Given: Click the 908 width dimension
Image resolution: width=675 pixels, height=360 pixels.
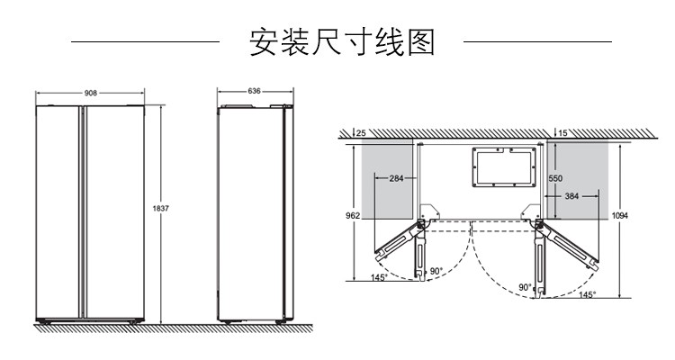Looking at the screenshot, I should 91,92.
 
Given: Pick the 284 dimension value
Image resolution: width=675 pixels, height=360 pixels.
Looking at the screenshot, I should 397,178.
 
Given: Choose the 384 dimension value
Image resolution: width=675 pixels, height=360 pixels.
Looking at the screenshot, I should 570,195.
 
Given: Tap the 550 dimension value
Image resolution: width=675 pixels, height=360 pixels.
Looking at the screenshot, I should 556,178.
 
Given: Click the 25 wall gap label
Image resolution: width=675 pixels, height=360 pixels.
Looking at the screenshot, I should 361,133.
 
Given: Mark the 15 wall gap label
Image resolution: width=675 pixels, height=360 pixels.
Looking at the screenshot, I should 562,133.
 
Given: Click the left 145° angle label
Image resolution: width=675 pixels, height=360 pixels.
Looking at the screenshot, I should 379,278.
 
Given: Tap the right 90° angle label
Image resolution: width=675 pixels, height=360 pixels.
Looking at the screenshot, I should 525,287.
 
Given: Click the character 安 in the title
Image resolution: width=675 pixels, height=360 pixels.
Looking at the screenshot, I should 264,42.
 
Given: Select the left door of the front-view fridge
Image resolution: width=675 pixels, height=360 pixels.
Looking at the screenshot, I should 58,211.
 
